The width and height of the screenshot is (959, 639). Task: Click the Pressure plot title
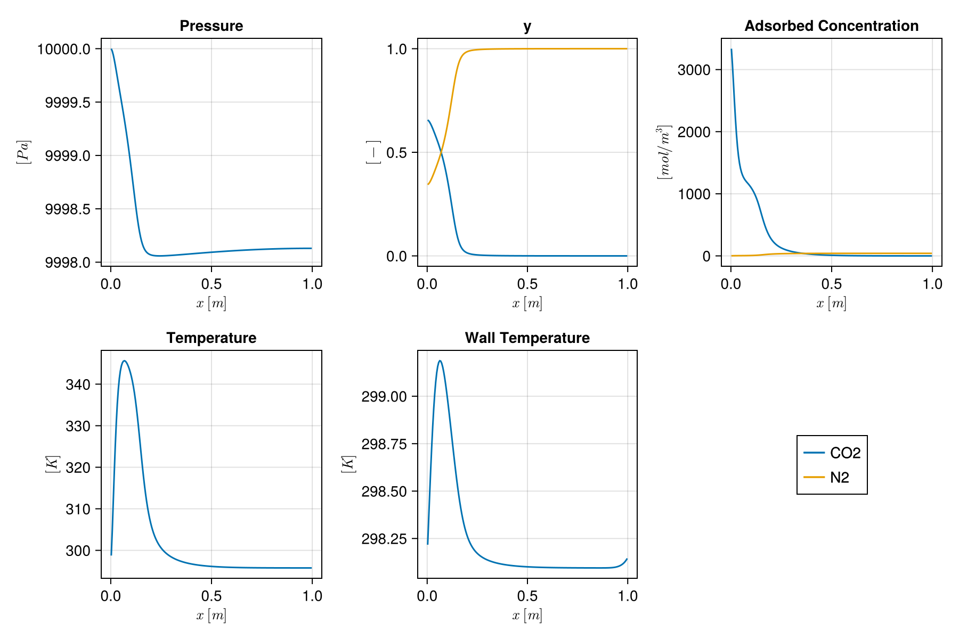211,26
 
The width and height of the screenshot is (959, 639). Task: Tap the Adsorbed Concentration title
831,26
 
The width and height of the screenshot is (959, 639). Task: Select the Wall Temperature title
527,338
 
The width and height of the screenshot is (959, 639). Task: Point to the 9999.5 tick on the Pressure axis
67,102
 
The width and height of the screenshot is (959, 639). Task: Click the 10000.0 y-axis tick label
63,49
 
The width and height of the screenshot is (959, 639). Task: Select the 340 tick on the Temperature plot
78,384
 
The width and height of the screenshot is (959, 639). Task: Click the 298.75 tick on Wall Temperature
384,444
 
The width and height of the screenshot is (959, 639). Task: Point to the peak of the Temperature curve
124,361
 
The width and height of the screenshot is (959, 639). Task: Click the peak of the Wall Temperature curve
440,361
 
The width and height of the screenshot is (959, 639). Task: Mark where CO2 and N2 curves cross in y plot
441,153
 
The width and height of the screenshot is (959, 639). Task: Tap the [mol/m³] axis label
664,152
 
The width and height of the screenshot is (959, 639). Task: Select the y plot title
527,26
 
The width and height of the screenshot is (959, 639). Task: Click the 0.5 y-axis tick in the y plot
396,153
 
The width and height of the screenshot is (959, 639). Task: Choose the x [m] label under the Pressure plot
211,304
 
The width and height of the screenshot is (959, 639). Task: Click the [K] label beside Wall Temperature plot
348,464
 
